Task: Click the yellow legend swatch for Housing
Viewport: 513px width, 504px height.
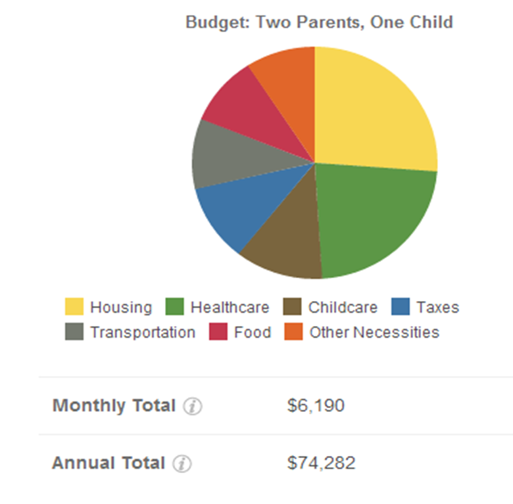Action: (x=74, y=307)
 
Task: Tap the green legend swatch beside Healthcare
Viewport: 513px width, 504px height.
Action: (x=174, y=307)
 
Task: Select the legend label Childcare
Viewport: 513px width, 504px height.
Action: (x=343, y=307)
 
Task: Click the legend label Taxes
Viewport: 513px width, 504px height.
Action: (x=437, y=307)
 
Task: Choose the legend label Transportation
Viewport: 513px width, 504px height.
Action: (x=143, y=332)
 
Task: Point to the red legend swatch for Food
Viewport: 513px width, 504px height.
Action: (x=218, y=332)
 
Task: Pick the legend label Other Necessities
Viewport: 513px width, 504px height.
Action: (x=374, y=332)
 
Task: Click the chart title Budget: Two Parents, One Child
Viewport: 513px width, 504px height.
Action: (x=319, y=22)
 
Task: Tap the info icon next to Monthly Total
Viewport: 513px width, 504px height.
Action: (x=193, y=407)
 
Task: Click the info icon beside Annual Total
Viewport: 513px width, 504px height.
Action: (x=182, y=464)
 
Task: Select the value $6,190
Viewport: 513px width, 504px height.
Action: (x=316, y=406)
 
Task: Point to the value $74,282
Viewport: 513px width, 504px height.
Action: (x=321, y=463)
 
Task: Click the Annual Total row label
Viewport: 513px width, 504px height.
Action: (x=109, y=463)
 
